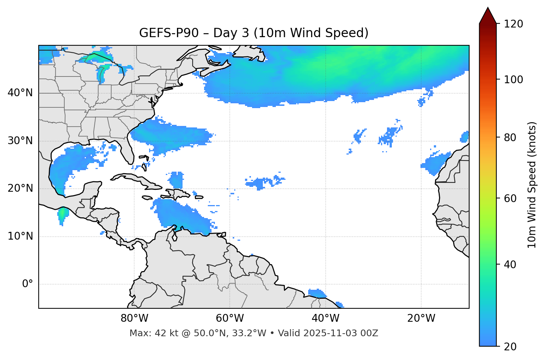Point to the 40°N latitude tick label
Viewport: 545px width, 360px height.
pyautogui.click(x=20, y=93)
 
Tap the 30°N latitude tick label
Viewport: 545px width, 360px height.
pyautogui.click(x=20, y=141)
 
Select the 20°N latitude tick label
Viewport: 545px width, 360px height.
pyautogui.click(x=20, y=188)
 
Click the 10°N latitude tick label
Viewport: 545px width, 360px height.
pyautogui.click(x=20, y=236)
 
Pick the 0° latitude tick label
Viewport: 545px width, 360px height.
pyautogui.click(x=28, y=284)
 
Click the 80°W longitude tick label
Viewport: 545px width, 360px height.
pyautogui.click(x=134, y=318)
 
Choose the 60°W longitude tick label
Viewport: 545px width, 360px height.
pyautogui.click(x=230, y=318)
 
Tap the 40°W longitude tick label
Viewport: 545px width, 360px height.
pyautogui.click(x=325, y=318)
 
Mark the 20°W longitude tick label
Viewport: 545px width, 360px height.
pyautogui.click(x=421, y=318)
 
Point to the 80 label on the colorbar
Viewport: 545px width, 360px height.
pyautogui.click(x=512, y=137)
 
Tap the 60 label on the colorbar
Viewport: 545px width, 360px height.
pyautogui.click(x=512, y=198)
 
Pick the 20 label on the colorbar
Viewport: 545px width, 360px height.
pyautogui.click(x=512, y=347)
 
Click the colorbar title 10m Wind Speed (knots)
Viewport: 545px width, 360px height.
pyautogui.click(x=532, y=185)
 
